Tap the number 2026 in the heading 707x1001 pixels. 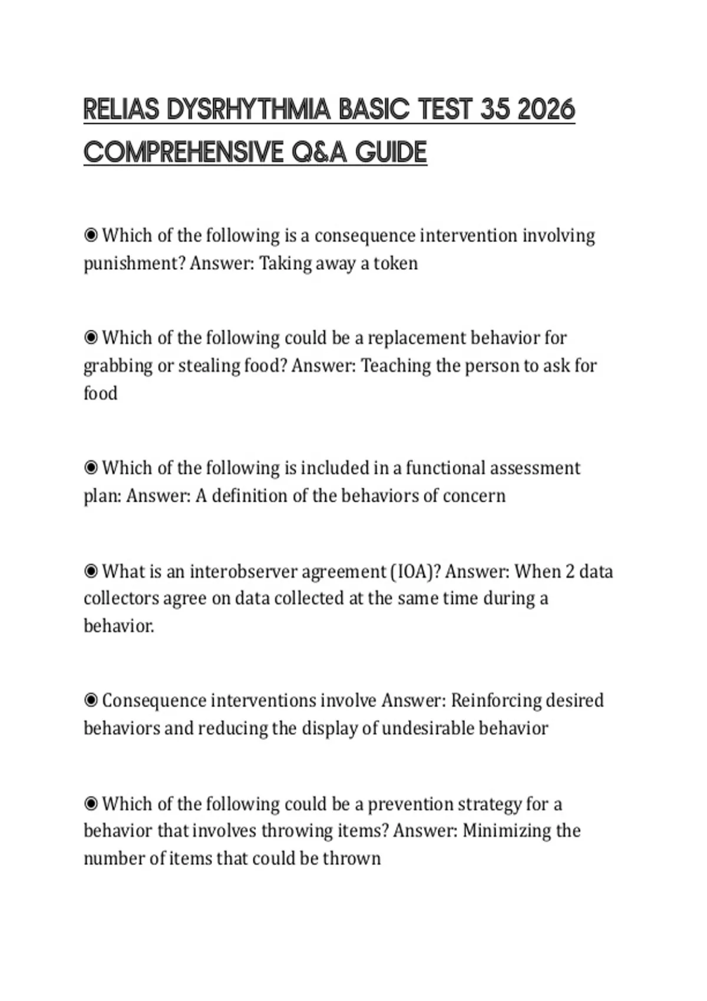pyautogui.click(x=546, y=110)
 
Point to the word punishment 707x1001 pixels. pyautogui.click(x=134, y=263)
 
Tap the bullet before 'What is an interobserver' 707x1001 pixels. pyautogui.click(x=91, y=571)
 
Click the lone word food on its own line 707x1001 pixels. pyautogui.click(x=101, y=393)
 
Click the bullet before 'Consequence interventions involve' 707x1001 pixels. pyautogui.click(x=91, y=701)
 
